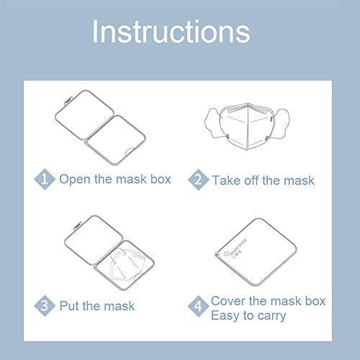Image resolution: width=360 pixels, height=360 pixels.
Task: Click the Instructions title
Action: point(171,32)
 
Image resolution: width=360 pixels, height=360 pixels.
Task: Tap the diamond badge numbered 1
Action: point(45,179)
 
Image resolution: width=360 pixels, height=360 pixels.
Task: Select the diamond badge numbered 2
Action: point(199,179)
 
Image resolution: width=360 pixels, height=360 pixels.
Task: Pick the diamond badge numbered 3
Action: point(45,306)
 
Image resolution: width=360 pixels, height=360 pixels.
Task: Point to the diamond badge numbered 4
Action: point(198,306)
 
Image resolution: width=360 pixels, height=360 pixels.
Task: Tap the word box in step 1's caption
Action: point(161,179)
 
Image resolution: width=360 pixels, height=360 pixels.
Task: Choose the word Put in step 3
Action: point(70,306)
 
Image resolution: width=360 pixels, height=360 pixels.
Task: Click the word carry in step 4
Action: point(271,316)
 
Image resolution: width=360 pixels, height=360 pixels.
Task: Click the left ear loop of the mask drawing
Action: point(213,124)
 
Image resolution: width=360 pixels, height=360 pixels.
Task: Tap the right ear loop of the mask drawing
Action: point(280,124)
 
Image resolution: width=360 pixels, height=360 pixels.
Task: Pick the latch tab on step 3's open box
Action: point(78,226)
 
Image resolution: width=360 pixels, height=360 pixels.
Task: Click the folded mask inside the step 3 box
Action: point(127,265)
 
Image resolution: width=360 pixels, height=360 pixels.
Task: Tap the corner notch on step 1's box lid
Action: point(130,151)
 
